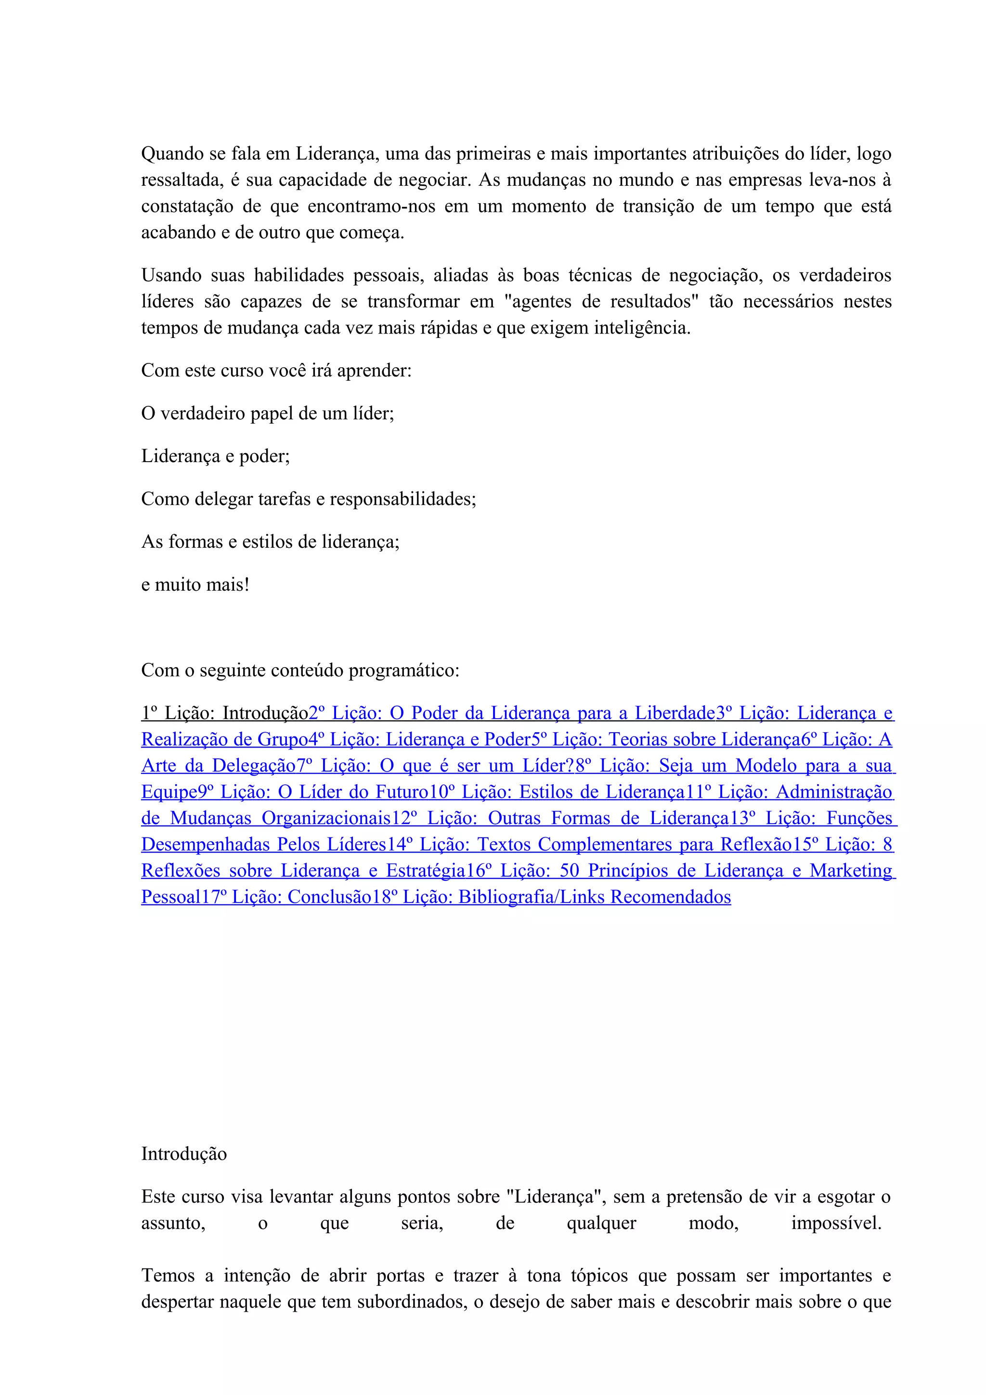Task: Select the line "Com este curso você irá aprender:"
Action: click(276, 371)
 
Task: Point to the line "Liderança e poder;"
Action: click(216, 456)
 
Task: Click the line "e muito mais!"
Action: click(195, 585)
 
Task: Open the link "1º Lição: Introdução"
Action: click(225, 713)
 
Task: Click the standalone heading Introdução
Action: click(183, 1154)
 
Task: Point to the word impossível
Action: click(836, 1224)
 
